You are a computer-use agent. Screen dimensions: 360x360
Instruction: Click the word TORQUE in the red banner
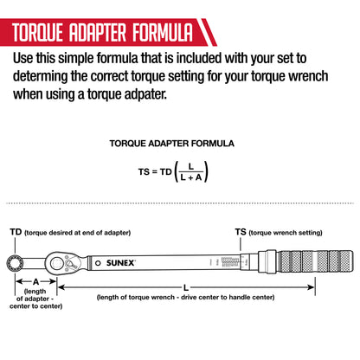(x=38, y=32)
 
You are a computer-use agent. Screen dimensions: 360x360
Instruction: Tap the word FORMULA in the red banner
(x=163, y=32)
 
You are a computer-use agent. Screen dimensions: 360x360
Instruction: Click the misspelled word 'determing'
(x=40, y=77)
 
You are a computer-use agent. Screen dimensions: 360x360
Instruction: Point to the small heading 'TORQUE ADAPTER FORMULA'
(x=172, y=144)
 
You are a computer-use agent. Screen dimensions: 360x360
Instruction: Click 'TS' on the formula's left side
(x=144, y=172)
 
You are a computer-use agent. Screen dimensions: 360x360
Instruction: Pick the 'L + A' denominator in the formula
(x=190, y=177)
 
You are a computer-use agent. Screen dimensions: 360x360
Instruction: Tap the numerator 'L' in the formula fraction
(x=190, y=166)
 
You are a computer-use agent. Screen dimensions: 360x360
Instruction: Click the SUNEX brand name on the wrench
(x=120, y=263)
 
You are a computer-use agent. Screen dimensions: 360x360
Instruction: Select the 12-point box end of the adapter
(x=15, y=263)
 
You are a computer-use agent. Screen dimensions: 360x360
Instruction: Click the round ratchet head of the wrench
(x=57, y=264)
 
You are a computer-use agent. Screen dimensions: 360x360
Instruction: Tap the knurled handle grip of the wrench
(x=315, y=261)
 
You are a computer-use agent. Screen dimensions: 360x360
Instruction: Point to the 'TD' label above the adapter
(x=16, y=232)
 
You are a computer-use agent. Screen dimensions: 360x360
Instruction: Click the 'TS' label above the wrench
(x=241, y=232)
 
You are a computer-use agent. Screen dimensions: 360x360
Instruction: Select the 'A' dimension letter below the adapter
(x=35, y=281)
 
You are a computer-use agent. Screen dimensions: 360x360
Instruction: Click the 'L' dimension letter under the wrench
(x=186, y=287)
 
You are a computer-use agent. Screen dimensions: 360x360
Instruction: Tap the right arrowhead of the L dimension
(x=311, y=287)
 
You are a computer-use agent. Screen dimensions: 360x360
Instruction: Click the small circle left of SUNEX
(x=98, y=263)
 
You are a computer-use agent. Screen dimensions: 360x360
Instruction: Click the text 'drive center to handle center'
(x=228, y=297)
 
